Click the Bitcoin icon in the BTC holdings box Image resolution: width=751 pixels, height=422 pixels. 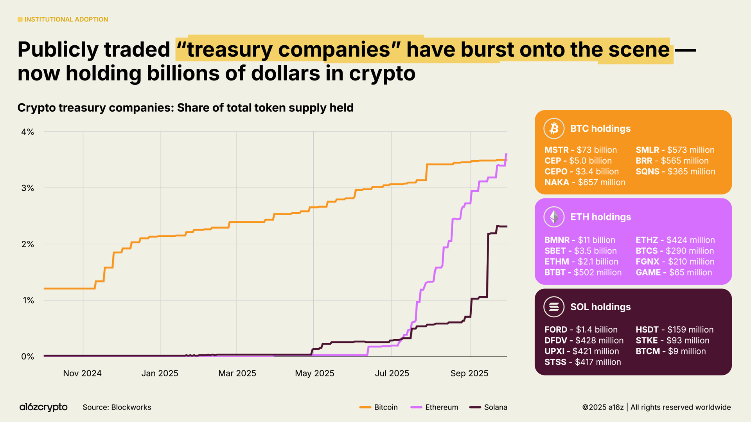click(554, 129)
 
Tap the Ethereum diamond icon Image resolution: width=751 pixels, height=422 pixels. click(554, 217)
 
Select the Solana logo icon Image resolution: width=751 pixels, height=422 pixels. click(554, 307)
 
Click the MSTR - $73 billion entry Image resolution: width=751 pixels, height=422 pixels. click(580, 150)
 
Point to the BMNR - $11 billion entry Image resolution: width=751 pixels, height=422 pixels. click(580, 240)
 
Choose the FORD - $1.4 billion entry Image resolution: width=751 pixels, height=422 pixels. click(581, 330)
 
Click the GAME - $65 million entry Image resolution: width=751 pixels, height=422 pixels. click(674, 272)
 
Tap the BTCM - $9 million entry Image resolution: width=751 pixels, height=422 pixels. click(670, 351)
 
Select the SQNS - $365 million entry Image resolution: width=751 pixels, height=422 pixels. click(675, 172)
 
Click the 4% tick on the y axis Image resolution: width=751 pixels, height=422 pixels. click(27, 132)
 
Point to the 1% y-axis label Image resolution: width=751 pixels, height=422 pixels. click(28, 300)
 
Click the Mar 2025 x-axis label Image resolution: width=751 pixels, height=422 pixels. click(237, 373)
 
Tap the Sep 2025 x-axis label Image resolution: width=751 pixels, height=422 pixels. click(469, 373)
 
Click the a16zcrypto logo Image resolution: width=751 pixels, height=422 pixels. click(43, 407)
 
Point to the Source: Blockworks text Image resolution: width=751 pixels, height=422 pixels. click(117, 407)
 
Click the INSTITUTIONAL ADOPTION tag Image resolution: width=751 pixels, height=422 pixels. click(63, 20)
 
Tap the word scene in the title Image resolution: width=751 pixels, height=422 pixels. click(639, 50)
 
